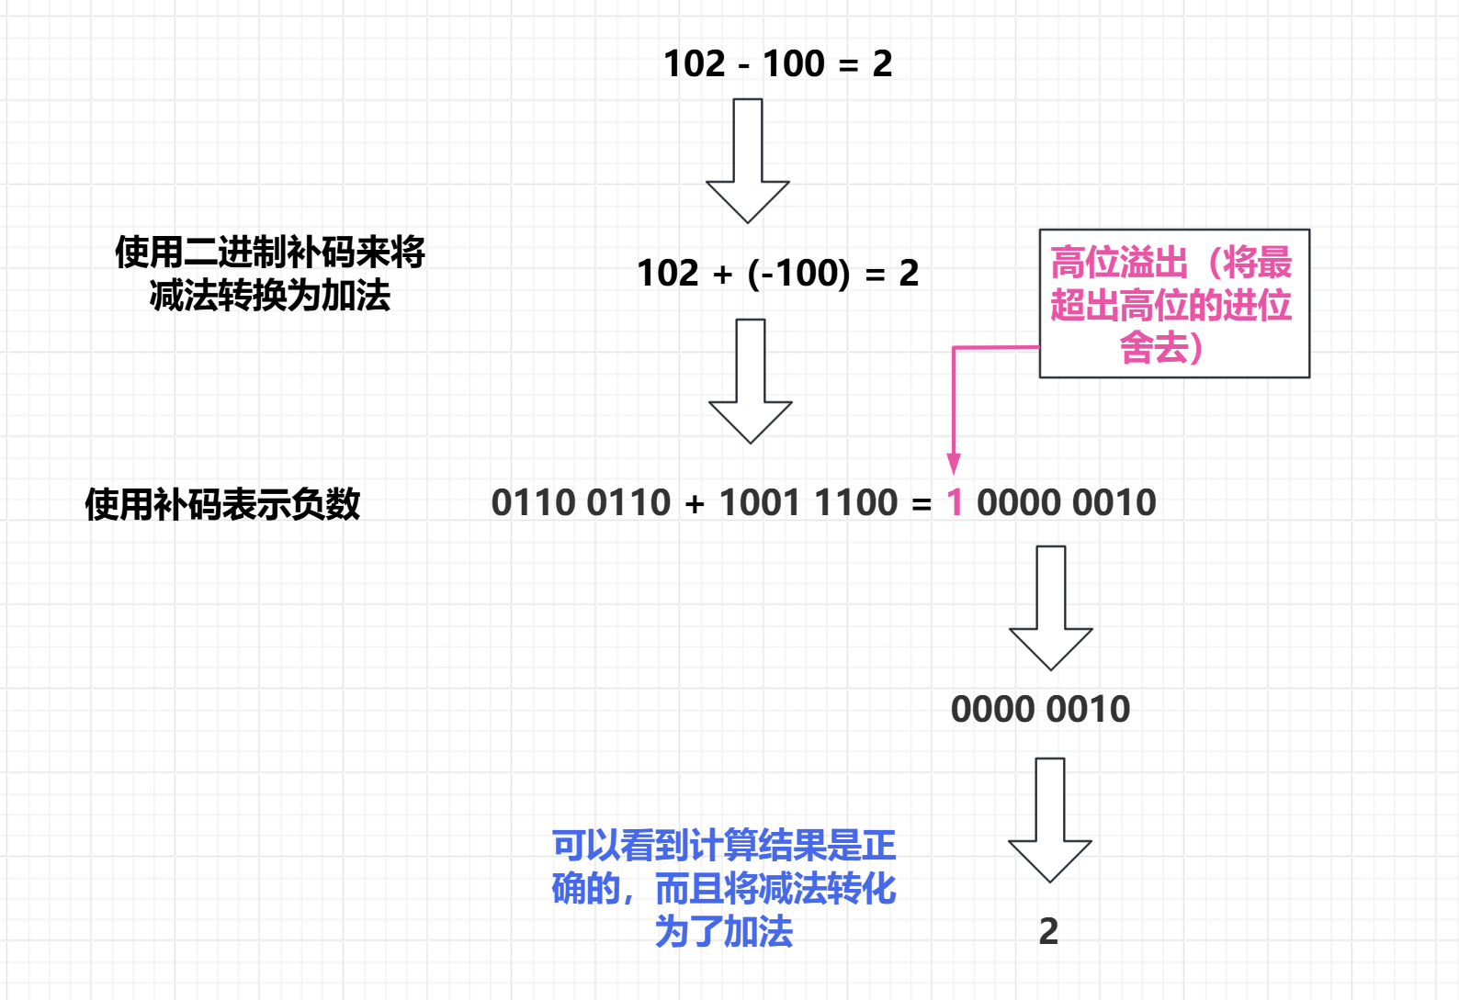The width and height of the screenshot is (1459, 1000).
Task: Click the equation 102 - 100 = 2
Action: [777, 63]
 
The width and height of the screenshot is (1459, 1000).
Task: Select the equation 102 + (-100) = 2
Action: [777, 273]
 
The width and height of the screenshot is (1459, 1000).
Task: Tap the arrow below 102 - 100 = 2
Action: [748, 160]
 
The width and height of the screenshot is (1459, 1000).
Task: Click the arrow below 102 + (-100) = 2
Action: [751, 380]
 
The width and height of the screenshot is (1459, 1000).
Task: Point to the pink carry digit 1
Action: [955, 502]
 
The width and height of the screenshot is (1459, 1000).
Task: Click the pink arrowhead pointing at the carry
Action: [954, 463]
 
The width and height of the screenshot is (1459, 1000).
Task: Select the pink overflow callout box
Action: [1173, 303]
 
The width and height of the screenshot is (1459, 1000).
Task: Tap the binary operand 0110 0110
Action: [581, 502]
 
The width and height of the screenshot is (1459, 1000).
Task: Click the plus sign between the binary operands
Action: [695, 503]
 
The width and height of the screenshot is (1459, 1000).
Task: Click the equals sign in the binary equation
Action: [921, 503]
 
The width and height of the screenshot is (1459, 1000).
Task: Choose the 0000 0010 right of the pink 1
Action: [1066, 502]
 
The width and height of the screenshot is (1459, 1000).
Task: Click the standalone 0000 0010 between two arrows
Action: [1040, 709]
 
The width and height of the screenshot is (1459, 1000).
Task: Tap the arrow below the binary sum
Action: [1051, 607]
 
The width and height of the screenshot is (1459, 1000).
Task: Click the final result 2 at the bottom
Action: [1048, 931]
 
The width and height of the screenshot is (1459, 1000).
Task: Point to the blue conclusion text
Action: [724, 888]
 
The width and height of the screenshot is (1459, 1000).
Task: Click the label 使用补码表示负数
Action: [222, 504]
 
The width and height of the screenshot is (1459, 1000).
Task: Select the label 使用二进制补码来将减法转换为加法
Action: [269, 274]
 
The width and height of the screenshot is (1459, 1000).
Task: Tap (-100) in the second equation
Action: [798, 273]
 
